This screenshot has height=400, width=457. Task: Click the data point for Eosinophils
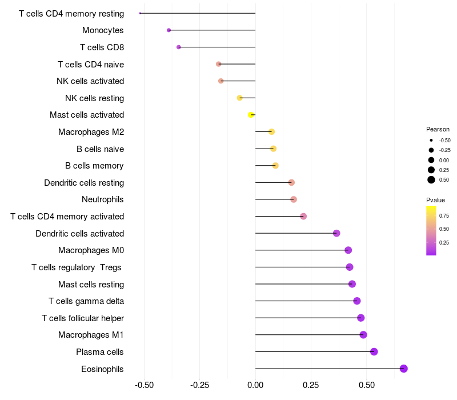[x=404, y=369]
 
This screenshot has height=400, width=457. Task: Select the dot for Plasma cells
[x=374, y=351]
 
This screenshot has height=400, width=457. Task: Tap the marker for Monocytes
[x=169, y=30]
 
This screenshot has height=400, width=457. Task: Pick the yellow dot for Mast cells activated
[x=251, y=115]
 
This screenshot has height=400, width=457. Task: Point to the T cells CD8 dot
[x=179, y=47]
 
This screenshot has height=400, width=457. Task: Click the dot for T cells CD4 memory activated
[x=303, y=216]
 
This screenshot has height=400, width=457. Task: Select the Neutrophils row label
[x=103, y=199]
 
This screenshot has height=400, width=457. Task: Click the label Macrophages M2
[x=91, y=132]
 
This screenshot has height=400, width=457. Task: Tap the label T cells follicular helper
[x=83, y=318]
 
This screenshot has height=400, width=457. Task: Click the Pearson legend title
[x=438, y=129]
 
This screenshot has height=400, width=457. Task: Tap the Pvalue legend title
[x=435, y=200]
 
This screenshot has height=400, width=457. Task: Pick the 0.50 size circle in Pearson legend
[x=431, y=180]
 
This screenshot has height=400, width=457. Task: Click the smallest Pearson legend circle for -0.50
[x=431, y=140]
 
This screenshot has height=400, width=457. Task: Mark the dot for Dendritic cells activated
[x=336, y=233]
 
